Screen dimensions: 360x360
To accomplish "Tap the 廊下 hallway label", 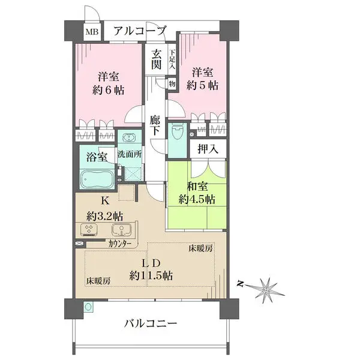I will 155,125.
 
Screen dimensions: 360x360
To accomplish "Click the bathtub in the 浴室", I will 95,178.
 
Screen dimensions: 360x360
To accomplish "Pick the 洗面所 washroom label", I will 130,154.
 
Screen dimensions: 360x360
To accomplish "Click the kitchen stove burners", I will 89,230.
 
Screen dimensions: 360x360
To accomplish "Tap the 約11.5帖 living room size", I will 151,276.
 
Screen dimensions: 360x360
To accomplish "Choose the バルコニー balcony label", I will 151,324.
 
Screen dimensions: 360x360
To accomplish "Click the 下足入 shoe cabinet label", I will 172,60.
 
